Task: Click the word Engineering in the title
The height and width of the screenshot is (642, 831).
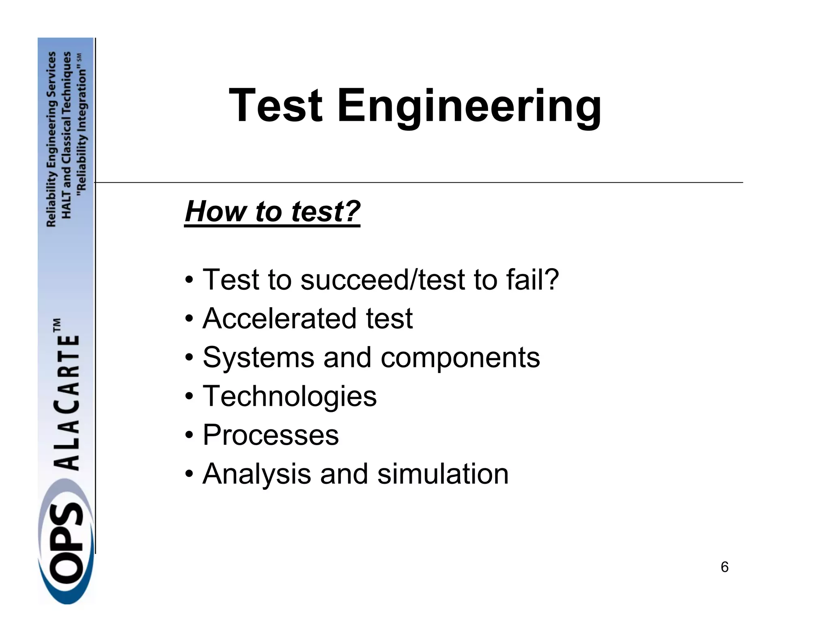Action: (x=469, y=106)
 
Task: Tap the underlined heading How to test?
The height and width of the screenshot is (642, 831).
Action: (x=272, y=211)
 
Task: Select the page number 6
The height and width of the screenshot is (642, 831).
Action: (x=724, y=567)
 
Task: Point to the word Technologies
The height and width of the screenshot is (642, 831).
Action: (x=289, y=396)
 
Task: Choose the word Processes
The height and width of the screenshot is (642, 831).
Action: (x=270, y=435)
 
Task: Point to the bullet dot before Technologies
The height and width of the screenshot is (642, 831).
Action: (x=189, y=397)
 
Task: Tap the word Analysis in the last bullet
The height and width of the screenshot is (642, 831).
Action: (x=256, y=474)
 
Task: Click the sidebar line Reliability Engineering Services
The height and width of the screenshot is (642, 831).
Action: (x=51, y=139)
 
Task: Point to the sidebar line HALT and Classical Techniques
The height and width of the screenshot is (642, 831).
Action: (x=66, y=135)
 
